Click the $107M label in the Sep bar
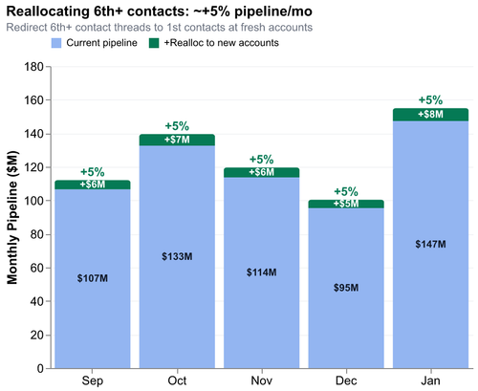(92, 278)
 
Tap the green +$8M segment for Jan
(430, 115)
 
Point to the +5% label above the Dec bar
(345, 191)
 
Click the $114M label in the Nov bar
(261, 272)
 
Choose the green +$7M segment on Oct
(177, 140)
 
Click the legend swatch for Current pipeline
(57, 44)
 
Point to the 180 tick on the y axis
(34, 67)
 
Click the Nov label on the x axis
(261, 380)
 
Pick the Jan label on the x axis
(430, 380)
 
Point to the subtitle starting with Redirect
(159, 27)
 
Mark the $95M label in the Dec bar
(345, 288)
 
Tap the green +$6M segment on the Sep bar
(92, 184)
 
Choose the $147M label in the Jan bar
(430, 245)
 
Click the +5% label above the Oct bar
(177, 125)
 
